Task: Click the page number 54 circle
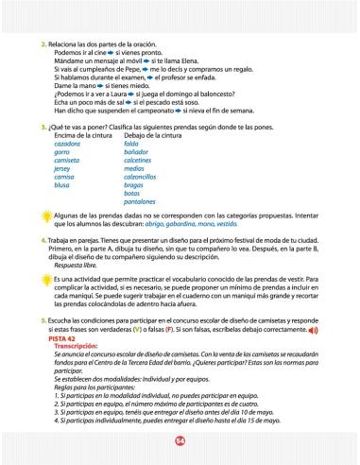pyautogui.click(x=180, y=442)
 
